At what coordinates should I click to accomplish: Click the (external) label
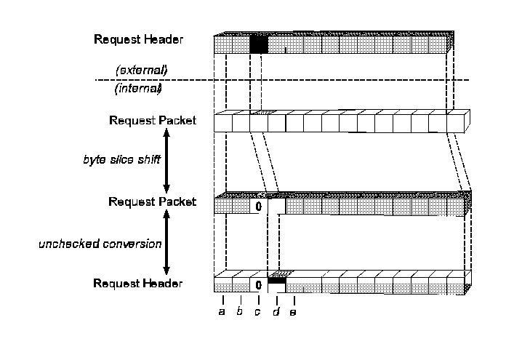click(x=142, y=70)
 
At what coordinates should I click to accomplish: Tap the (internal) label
click(x=138, y=89)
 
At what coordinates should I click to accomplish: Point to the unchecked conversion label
click(x=100, y=244)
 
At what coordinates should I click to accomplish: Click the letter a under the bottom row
click(x=222, y=312)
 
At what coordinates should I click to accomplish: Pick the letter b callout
click(x=240, y=312)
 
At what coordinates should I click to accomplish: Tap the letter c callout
click(x=257, y=312)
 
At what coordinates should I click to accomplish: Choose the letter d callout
click(x=276, y=312)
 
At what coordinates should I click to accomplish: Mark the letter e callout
click(x=294, y=312)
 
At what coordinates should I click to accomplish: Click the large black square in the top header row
click(x=259, y=44)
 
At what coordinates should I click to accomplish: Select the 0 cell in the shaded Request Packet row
click(x=258, y=207)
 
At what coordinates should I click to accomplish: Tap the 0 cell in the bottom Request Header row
click(x=258, y=284)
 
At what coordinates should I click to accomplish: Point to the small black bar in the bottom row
click(x=276, y=279)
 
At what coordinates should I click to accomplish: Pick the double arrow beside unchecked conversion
click(x=166, y=243)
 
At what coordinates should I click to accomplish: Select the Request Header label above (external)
click(x=138, y=39)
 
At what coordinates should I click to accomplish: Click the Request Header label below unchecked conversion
click(x=138, y=283)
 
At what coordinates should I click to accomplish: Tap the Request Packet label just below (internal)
click(x=152, y=120)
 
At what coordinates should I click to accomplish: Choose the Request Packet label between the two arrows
click(x=152, y=201)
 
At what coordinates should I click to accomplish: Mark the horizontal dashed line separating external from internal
click(x=327, y=80)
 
